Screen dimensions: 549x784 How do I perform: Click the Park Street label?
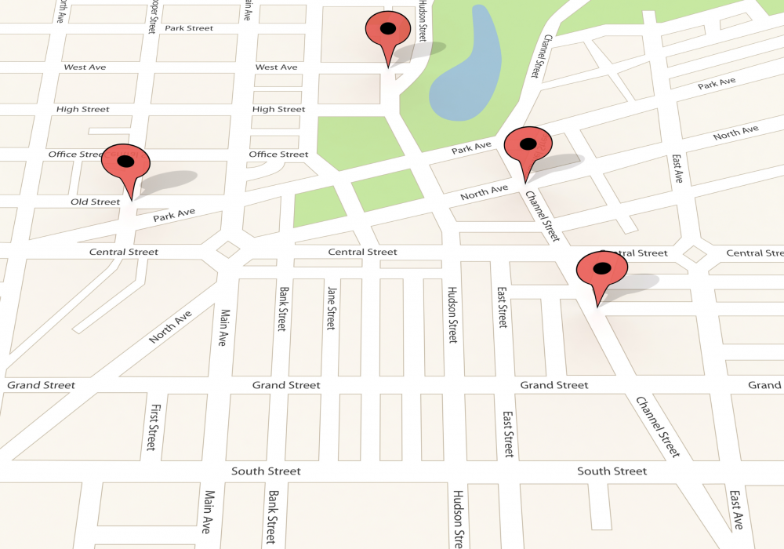pos(189,28)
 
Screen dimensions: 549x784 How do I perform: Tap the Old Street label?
pos(95,202)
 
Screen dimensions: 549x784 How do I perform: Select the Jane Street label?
pos(331,307)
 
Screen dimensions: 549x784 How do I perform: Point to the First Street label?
pos(154,427)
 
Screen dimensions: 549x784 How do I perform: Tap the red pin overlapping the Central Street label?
pos(601,271)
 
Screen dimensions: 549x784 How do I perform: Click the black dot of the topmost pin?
pos(387,29)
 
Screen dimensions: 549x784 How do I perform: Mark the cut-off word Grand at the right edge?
pos(764,385)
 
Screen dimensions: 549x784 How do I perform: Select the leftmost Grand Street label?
pos(42,385)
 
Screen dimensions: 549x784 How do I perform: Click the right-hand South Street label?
pos(612,471)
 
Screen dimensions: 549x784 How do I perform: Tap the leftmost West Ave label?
pos(85,67)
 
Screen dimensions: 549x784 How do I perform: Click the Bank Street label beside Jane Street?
pos(282,308)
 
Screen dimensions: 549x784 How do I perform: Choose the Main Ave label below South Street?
pos(209,511)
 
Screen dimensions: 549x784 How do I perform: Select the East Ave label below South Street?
pos(735,511)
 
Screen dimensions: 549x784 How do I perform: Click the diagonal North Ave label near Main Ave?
pos(170,327)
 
